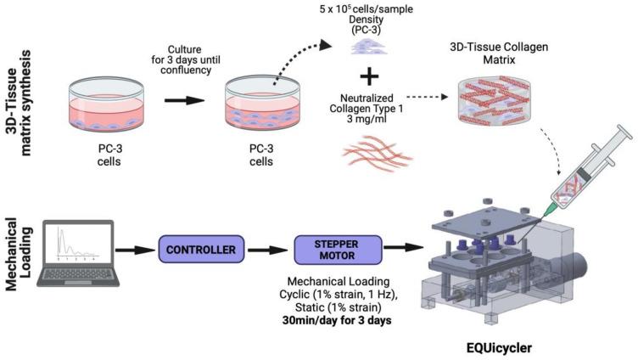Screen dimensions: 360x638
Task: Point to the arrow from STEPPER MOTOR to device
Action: pos(399,250)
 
